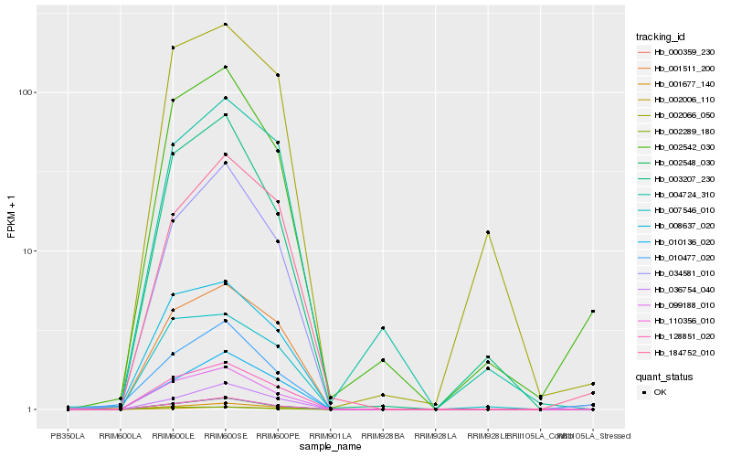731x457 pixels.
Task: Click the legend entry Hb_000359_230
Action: [x=679, y=52]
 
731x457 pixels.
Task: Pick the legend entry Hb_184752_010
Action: [x=679, y=352]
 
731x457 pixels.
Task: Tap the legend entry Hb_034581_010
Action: [x=679, y=272]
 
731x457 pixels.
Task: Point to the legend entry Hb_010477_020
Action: [x=679, y=257]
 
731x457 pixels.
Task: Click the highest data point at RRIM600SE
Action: [x=225, y=25]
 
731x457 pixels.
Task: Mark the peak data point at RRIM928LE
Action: [x=488, y=232]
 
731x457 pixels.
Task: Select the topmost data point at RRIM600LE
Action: [x=173, y=48]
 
